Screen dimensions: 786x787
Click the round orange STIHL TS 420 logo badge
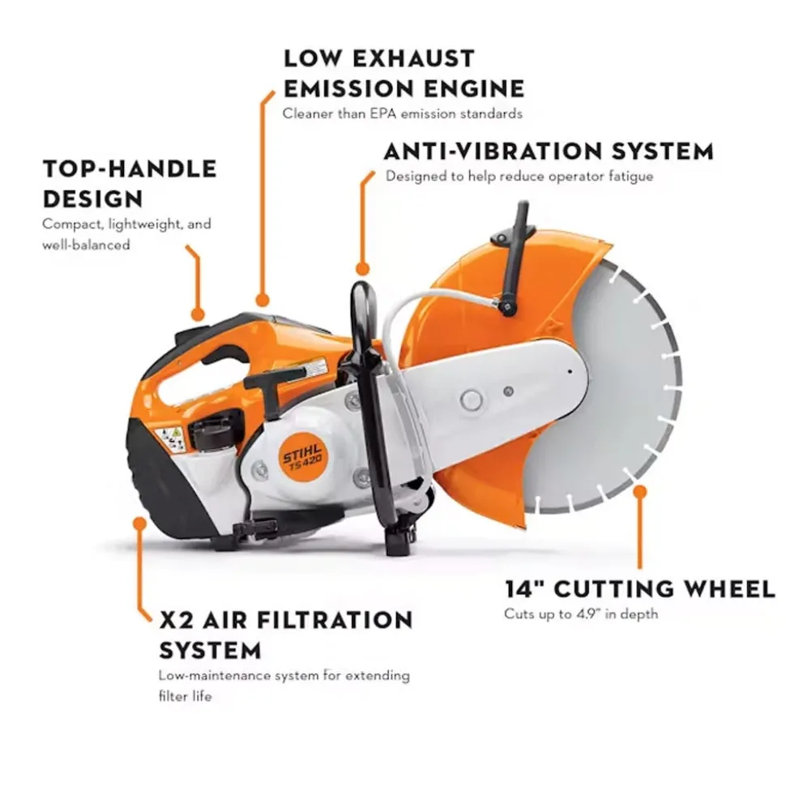point(302,457)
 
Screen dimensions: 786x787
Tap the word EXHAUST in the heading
point(412,58)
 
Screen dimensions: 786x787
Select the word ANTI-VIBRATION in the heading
point(493,151)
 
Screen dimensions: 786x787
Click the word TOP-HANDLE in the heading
point(130,169)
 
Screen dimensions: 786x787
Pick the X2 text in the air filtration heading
point(176,620)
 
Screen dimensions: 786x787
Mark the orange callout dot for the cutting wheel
point(639,492)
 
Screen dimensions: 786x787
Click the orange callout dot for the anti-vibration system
point(362,269)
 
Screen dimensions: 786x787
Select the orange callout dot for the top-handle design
point(199,314)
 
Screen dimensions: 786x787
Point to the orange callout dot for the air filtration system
point(140,524)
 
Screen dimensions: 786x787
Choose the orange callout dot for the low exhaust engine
point(262,300)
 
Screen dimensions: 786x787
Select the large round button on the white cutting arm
point(472,400)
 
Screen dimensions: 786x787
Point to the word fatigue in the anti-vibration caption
point(631,177)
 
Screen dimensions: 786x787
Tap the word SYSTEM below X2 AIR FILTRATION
point(211,651)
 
